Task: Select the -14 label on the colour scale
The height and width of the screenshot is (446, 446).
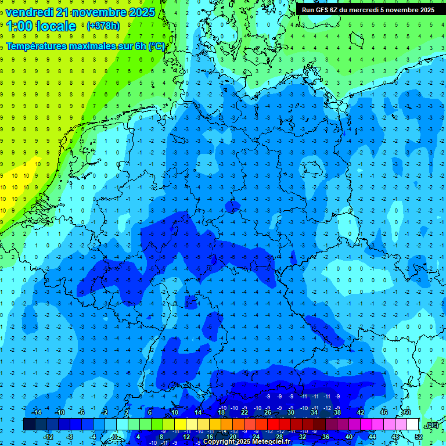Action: coord(37,412)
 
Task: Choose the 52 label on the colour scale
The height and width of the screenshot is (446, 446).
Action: coord(419,436)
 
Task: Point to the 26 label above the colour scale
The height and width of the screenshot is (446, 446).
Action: coord(268,412)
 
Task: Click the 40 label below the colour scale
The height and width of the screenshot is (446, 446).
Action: coord(349,436)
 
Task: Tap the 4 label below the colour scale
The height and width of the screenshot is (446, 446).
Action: coord(139,436)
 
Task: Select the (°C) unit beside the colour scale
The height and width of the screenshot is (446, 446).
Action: coord(431,425)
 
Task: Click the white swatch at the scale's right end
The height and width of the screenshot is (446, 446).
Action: coord(412,424)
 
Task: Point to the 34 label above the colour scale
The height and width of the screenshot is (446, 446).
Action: coord(314,412)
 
